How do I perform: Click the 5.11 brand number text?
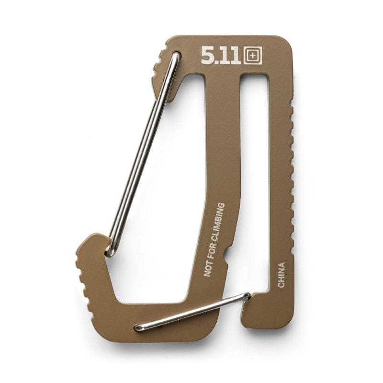click(222, 56)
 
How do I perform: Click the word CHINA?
click(282, 275)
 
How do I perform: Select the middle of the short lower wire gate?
click(191, 312)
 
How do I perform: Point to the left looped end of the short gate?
click(138, 328)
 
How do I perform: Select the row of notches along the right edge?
click(291, 158)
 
